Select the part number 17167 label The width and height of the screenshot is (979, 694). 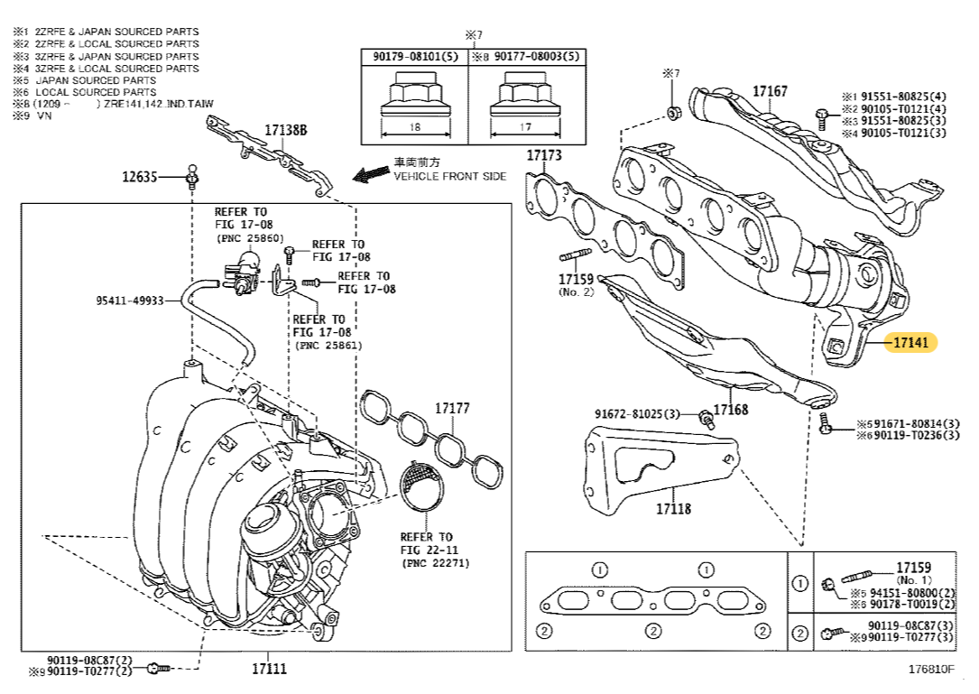pyautogui.click(x=770, y=91)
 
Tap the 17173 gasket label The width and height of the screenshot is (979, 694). pyautogui.click(x=544, y=155)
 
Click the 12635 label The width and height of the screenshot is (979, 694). pyautogui.click(x=140, y=177)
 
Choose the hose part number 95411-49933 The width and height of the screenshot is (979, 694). pyautogui.click(x=130, y=300)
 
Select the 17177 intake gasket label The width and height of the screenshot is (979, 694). pyautogui.click(x=452, y=408)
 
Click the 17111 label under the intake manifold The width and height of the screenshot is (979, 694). pyautogui.click(x=269, y=669)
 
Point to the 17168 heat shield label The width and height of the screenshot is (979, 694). pyautogui.click(x=731, y=410)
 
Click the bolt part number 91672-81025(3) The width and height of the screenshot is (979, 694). pyautogui.click(x=636, y=414)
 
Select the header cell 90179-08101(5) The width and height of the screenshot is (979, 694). pyautogui.click(x=415, y=56)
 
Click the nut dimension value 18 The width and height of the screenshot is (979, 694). pyautogui.click(x=414, y=127)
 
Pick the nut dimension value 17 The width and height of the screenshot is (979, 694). pyautogui.click(x=525, y=127)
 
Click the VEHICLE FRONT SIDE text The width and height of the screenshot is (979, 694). pyautogui.click(x=449, y=177)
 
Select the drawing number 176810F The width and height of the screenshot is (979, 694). pyautogui.click(x=930, y=670)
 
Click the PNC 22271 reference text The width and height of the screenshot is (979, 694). pyautogui.click(x=435, y=563)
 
